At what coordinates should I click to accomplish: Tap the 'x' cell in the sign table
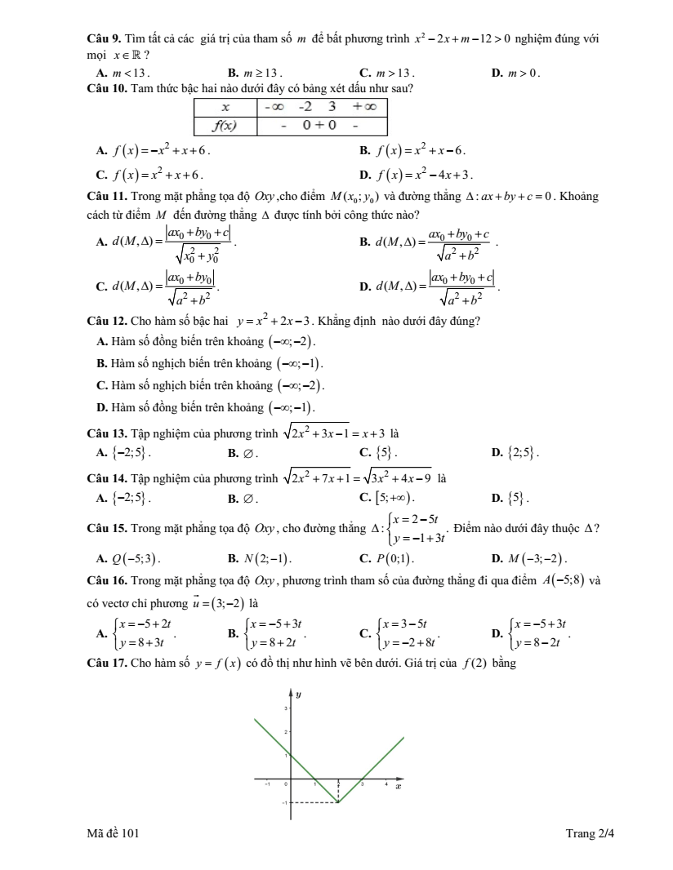(225, 107)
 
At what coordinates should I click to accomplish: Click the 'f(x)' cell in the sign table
(225, 125)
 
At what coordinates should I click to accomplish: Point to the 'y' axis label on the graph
(299, 695)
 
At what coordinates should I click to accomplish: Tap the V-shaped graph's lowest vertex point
(339, 802)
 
